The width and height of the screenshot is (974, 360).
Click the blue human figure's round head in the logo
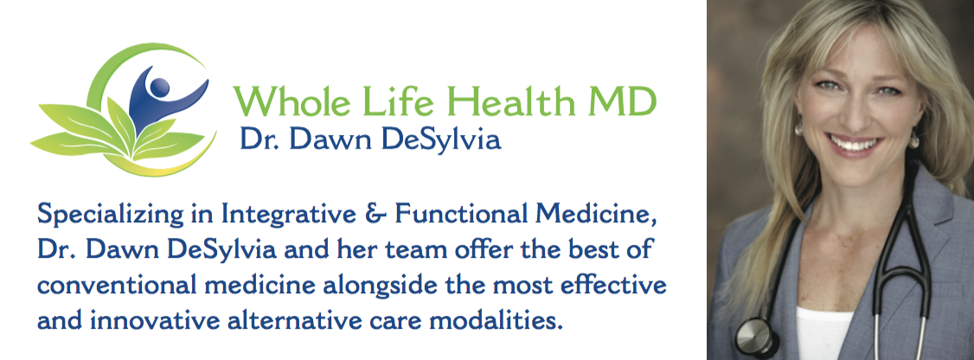pyautogui.click(x=160, y=87)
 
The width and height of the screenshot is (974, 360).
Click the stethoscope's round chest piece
pyautogui.click(x=754, y=336)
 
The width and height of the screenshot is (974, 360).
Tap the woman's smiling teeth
pyautogui.click(x=855, y=145)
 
